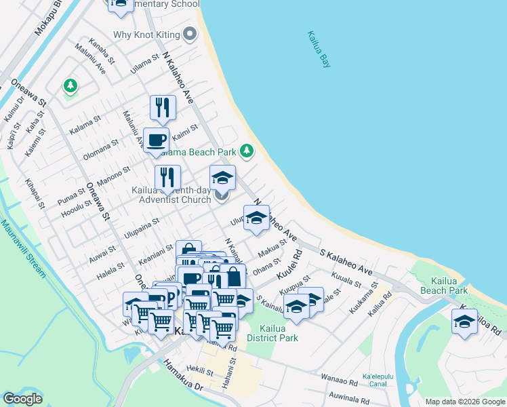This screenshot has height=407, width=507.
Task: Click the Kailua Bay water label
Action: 312,49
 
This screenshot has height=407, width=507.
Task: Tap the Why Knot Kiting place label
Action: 146,33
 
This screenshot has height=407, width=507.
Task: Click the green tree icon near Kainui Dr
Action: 70,86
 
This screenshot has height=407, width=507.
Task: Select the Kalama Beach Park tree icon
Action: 248,151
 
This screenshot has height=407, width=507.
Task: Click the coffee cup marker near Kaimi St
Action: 157,140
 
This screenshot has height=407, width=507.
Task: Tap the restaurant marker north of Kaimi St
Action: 163,108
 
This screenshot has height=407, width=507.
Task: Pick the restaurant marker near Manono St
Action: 167,178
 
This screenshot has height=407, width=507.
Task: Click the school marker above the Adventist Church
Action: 222,178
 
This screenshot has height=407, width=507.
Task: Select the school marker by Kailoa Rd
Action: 464,322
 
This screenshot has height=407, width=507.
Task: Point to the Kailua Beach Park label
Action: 449,286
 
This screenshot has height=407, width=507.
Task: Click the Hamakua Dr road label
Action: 183,375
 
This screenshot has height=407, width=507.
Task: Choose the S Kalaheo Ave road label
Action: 346,260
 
